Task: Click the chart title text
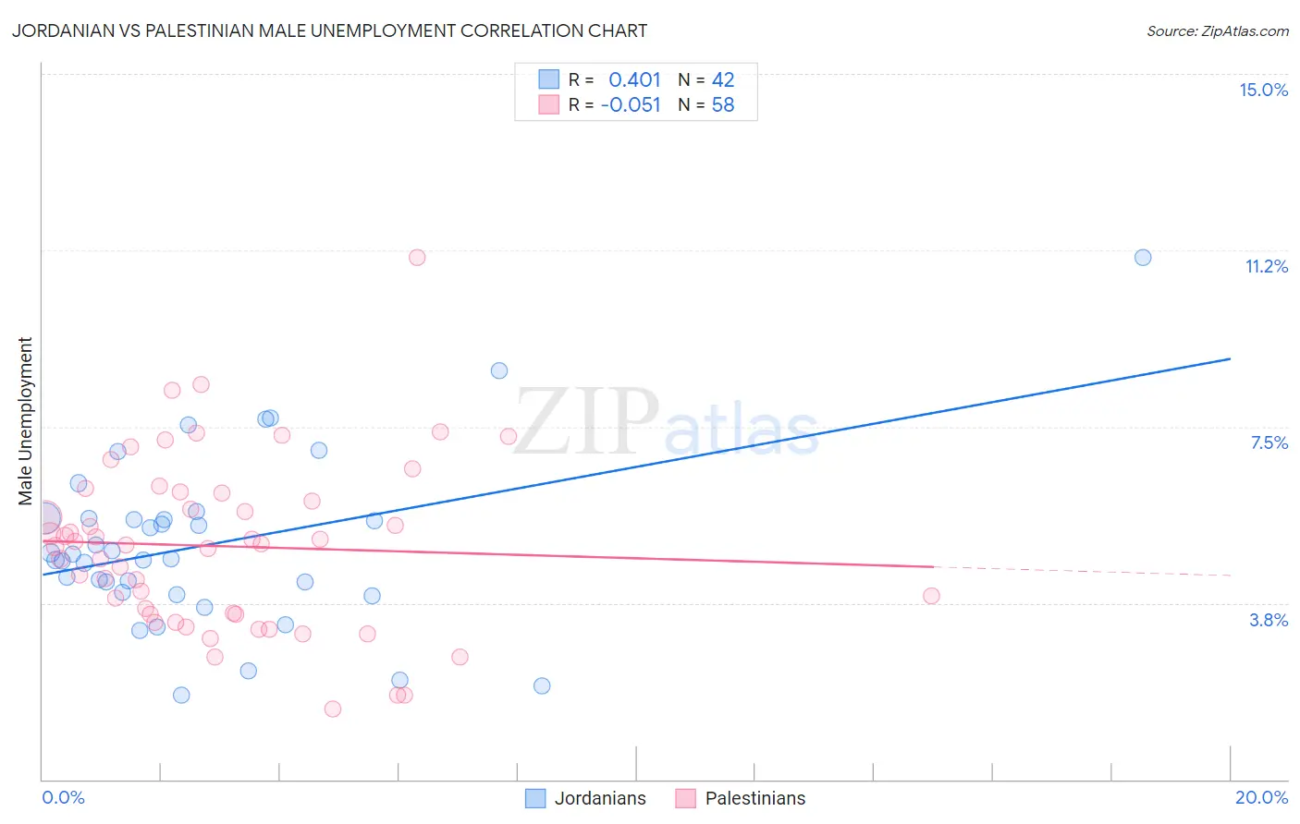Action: pyautogui.click(x=329, y=30)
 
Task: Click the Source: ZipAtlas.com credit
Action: pyautogui.click(x=1217, y=30)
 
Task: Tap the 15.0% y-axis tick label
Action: pyautogui.click(x=1263, y=90)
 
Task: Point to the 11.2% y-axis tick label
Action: pyautogui.click(x=1266, y=266)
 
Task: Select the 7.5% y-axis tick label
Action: pyautogui.click(x=1269, y=442)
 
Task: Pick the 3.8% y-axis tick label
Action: pyautogui.click(x=1269, y=620)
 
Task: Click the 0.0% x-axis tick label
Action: pyautogui.click(x=63, y=797)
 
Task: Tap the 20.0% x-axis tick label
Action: pyautogui.click(x=1261, y=797)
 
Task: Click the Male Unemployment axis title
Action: pyautogui.click(x=25, y=420)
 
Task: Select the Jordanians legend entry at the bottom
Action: pyautogui.click(x=586, y=798)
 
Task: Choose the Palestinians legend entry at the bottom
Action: pyautogui.click(x=741, y=798)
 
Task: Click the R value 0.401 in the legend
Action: pyautogui.click(x=634, y=80)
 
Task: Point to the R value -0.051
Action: pyautogui.click(x=631, y=105)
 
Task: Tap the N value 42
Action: pyautogui.click(x=723, y=80)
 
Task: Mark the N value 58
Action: pyautogui.click(x=723, y=105)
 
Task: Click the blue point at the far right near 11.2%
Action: pyautogui.click(x=1143, y=258)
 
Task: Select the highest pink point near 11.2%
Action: pyautogui.click(x=417, y=258)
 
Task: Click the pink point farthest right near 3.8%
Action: pyautogui.click(x=931, y=596)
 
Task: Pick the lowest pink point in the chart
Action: pyautogui.click(x=333, y=709)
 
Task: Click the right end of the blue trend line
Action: pyautogui.click(x=1230, y=358)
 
